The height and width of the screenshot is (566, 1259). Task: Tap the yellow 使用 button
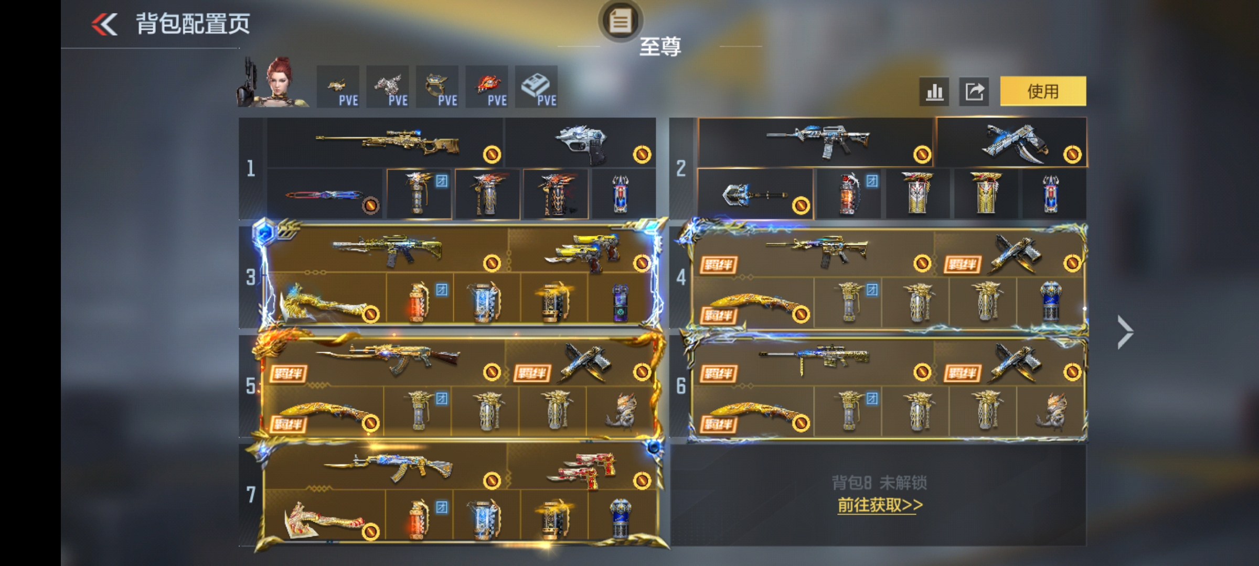[x=1042, y=91]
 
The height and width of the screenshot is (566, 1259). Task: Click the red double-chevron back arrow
[x=104, y=24]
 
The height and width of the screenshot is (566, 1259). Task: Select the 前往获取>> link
[x=880, y=505]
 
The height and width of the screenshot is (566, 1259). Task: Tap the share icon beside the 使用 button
[x=974, y=92]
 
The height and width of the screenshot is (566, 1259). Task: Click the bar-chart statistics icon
[x=934, y=92]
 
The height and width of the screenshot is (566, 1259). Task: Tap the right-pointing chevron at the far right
[x=1125, y=332]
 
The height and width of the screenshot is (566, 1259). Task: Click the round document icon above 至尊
[x=620, y=21]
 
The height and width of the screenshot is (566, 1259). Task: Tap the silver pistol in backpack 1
[x=582, y=143]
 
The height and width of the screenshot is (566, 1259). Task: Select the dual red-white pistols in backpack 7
[x=582, y=469]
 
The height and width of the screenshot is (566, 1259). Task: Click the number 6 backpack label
[x=681, y=386]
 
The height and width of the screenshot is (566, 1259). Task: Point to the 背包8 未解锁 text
[x=879, y=483]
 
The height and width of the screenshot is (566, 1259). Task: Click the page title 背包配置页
[x=193, y=24]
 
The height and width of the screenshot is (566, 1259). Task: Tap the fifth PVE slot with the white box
[x=536, y=87]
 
